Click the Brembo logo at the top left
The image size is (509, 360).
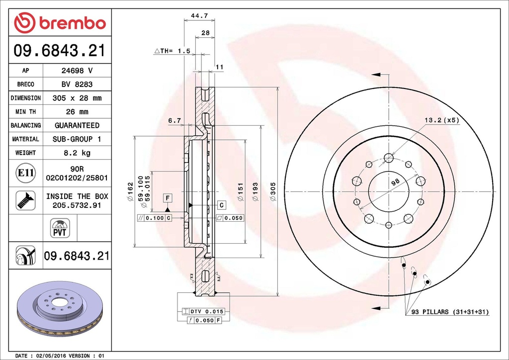(60, 23)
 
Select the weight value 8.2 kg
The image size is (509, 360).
(77, 153)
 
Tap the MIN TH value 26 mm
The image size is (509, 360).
(77, 112)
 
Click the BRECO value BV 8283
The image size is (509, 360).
(77, 85)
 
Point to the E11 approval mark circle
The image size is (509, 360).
(26, 173)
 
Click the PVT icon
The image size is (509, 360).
(60, 228)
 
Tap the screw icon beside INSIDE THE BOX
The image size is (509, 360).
(26, 200)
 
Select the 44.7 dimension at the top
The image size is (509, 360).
(199, 15)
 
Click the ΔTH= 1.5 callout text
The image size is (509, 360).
(172, 51)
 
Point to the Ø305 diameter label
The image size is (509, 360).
(273, 191)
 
